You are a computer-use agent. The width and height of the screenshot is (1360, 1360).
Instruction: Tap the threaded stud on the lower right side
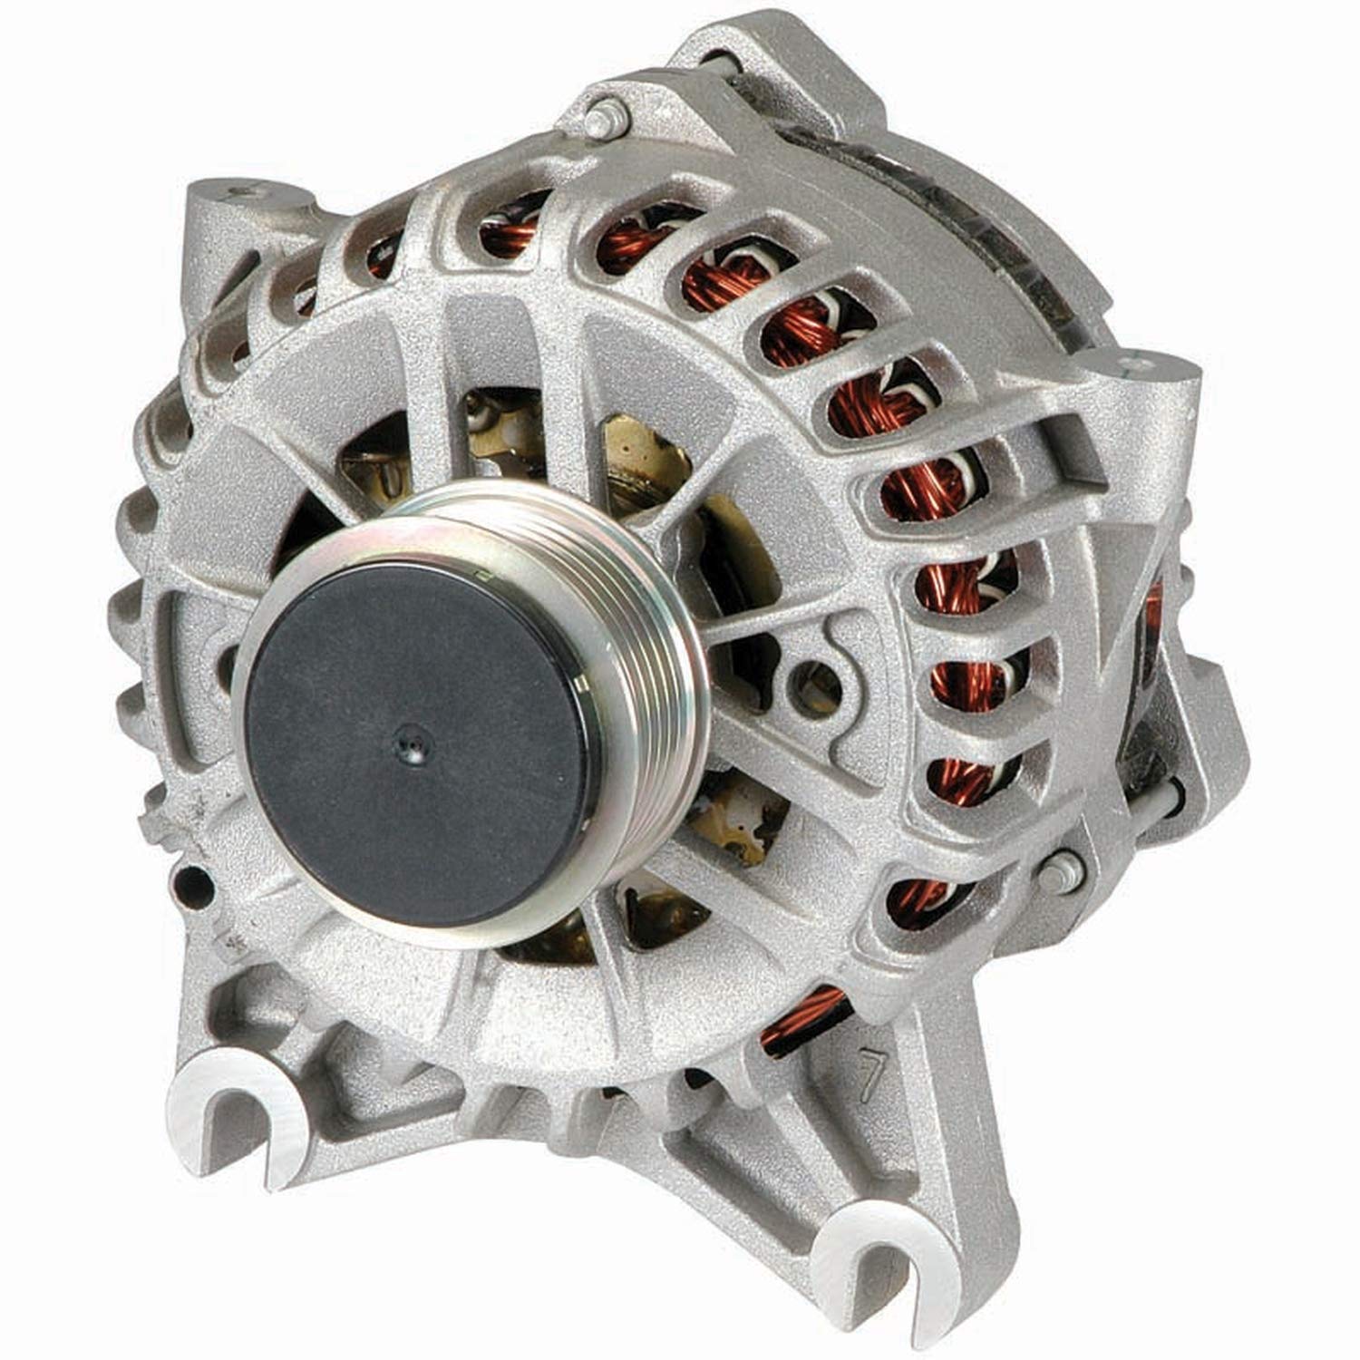coord(1057,870)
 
